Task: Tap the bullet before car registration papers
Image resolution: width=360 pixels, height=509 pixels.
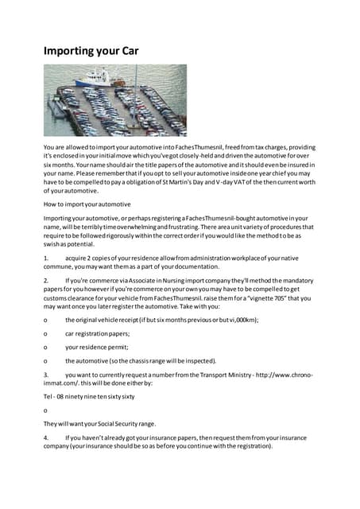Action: click(x=45, y=333)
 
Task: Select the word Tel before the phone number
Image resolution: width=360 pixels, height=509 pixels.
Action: click(x=48, y=395)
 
